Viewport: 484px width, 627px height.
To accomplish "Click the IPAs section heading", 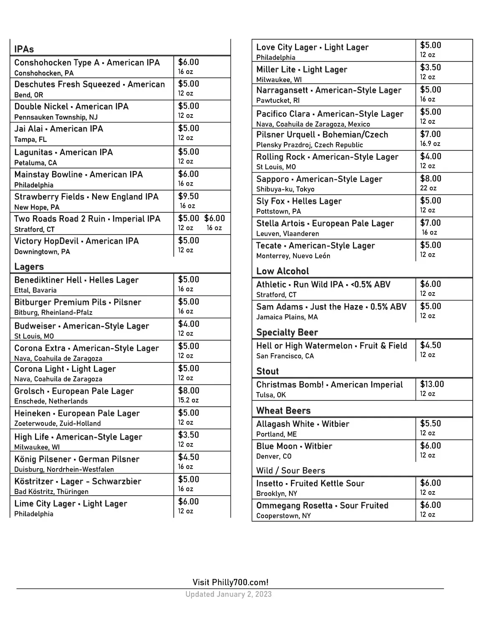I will [x=24, y=49].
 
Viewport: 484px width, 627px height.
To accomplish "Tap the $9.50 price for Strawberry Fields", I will [x=188, y=196].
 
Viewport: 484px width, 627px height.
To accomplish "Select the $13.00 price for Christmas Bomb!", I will [x=432, y=384].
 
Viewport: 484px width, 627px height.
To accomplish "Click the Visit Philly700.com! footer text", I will [x=230, y=582].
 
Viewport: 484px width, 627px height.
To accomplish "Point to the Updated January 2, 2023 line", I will [x=228, y=594].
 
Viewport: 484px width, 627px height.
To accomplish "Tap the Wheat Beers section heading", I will [x=283, y=410].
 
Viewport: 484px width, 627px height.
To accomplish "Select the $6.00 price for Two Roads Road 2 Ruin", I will [x=214, y=218].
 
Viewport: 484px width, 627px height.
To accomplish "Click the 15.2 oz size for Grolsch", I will [x=188, y=400].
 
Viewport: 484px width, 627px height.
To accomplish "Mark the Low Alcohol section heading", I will [x=282, y=271].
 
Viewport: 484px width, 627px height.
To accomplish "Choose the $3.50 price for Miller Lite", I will [x=430, y=68].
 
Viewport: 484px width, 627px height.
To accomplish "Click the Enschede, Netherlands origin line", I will [x=51, y=401].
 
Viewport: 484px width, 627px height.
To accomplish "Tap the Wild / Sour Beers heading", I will [x=290, y=471].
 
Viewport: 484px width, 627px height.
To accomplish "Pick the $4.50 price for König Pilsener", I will [x=188, y=457].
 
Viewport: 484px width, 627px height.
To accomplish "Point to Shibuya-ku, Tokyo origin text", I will [x=285, y=189].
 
